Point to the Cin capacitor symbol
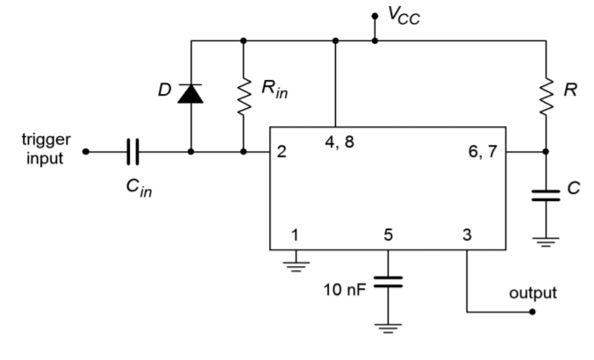click(x=132, y=151)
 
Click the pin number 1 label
click(x=295, y=234)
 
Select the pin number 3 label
click(x=466, y=234)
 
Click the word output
click(x=533, y=292)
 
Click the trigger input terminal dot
click(x=85, y=151)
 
